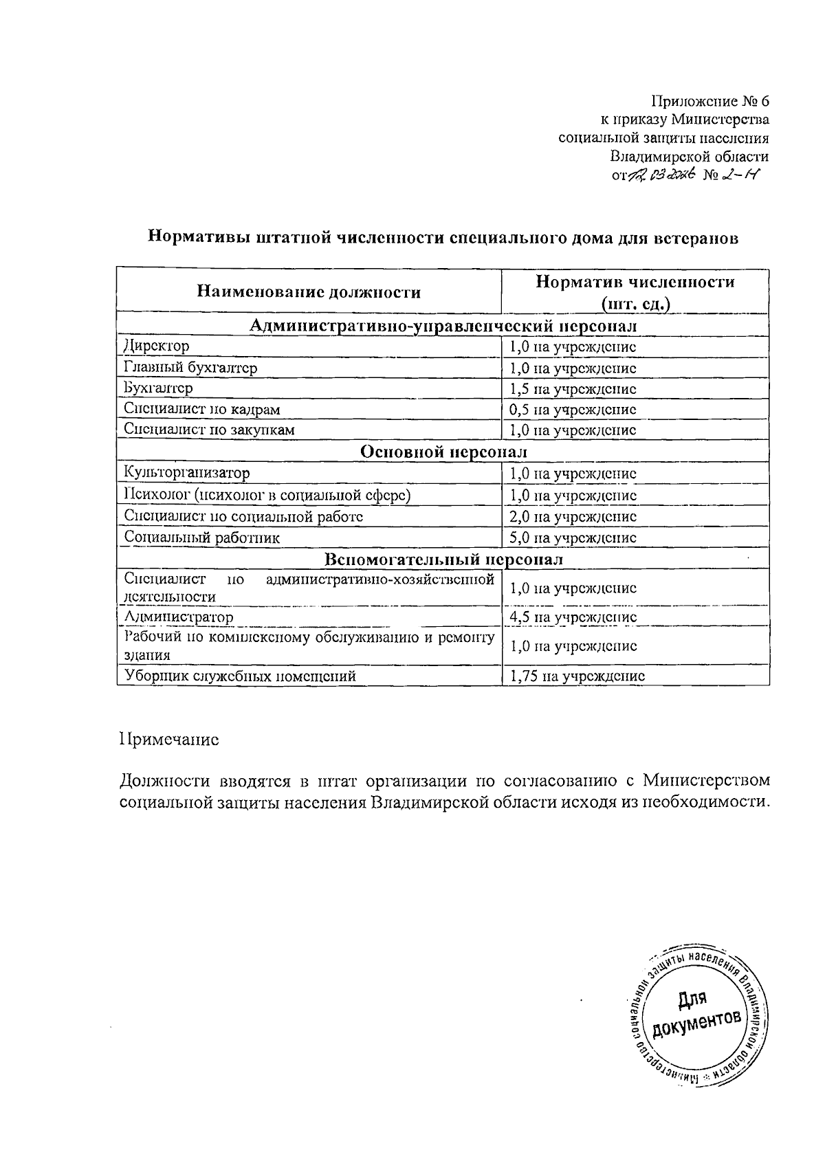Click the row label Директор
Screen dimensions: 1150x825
[156, 346]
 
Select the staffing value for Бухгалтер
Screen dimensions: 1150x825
[572, 388]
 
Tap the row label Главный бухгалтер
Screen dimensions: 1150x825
[190, 368]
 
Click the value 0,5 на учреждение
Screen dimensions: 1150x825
[572, 410]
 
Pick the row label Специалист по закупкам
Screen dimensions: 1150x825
[209, 430]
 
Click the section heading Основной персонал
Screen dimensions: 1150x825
[443, 452]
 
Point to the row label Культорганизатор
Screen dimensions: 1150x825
[186, 473]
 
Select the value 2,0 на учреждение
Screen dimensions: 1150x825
[572, 516]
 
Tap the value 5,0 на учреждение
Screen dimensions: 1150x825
[572, 538]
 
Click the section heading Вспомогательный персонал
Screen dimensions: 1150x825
[443, 559]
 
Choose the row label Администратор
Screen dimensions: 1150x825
[178, 617]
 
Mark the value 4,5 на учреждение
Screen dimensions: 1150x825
[572, 617]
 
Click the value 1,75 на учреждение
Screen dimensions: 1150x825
[576, 676]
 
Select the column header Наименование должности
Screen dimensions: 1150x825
[309, 292]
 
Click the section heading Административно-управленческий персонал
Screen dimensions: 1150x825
[443, 324]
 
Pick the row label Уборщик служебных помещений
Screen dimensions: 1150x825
[240, 676]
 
